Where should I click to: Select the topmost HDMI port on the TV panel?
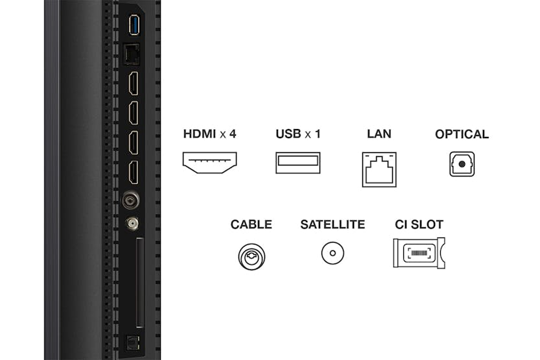(133, 84)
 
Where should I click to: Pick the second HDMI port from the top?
(133, 114)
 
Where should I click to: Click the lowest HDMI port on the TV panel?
(133, 172)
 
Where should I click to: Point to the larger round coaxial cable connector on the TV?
(130, 200)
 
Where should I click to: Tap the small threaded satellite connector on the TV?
(132, 224)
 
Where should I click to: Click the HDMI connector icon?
(210, 163)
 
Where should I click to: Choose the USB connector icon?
(298, 163)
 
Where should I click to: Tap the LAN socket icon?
(379, 169)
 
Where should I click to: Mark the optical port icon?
(461, 164)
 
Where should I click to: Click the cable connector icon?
(251, 256)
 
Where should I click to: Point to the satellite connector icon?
(332, 252)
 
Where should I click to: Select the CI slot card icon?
(418, 252)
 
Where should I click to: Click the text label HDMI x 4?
(210, 134)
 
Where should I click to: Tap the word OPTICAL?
(462, 134)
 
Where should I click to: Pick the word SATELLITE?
(332, 225)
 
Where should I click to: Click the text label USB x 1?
(298, 134)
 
